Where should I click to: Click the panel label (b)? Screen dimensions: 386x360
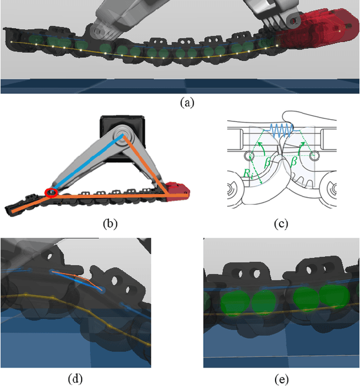pos(110,224)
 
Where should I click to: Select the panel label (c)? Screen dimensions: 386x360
pos(280,224)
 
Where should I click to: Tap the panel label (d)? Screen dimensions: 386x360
pos(74,379)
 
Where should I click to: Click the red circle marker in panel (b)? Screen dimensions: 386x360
pos(51,193)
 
